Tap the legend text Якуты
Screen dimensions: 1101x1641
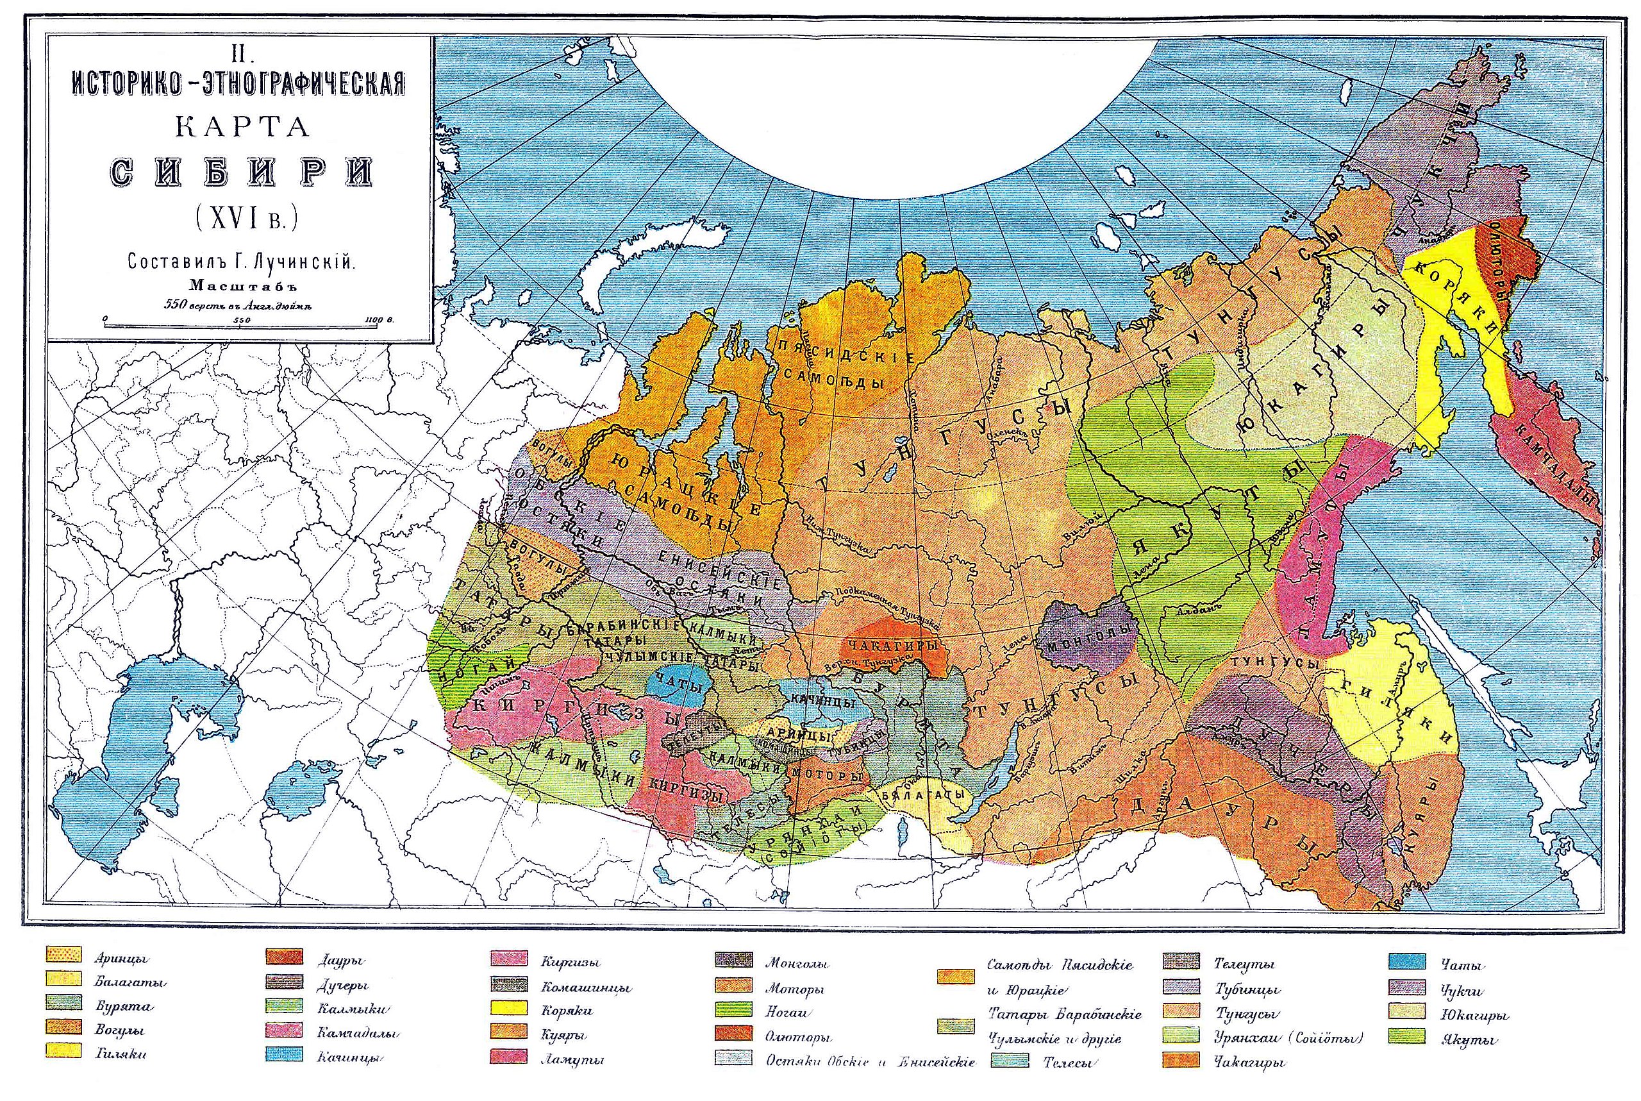pyautogui.click(x=1470, y=1041)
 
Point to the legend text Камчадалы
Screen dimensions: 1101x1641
pyautogui.click(x=351, y=1034)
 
